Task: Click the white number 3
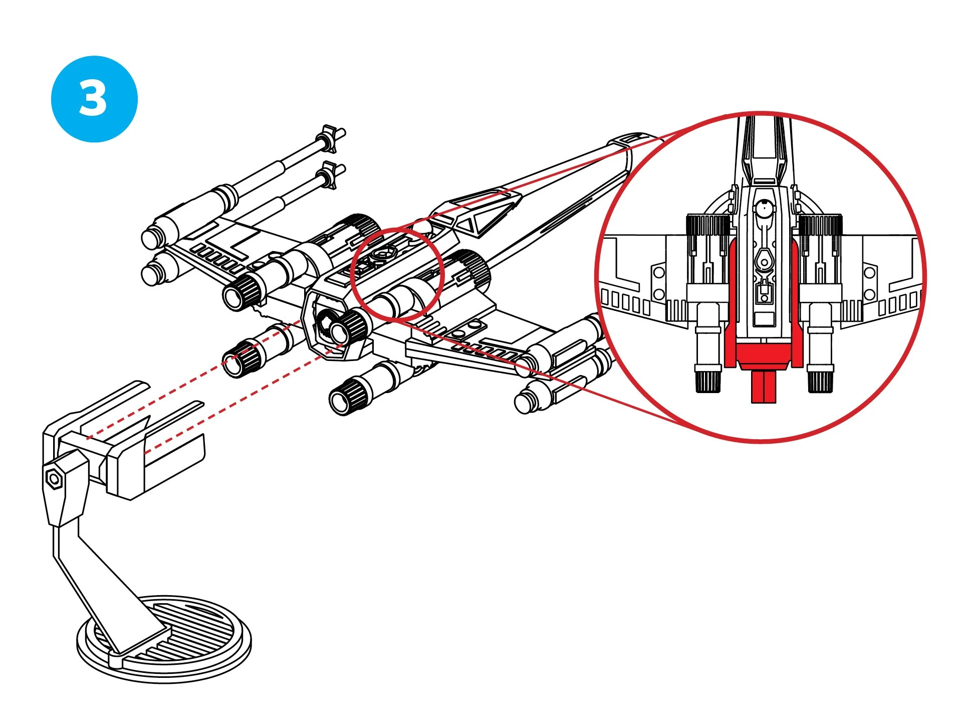coord(93,99)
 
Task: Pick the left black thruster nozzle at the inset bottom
coord(707,380)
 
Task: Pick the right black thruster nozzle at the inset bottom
coord(820,380)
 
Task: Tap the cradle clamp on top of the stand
coord(125,441)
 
